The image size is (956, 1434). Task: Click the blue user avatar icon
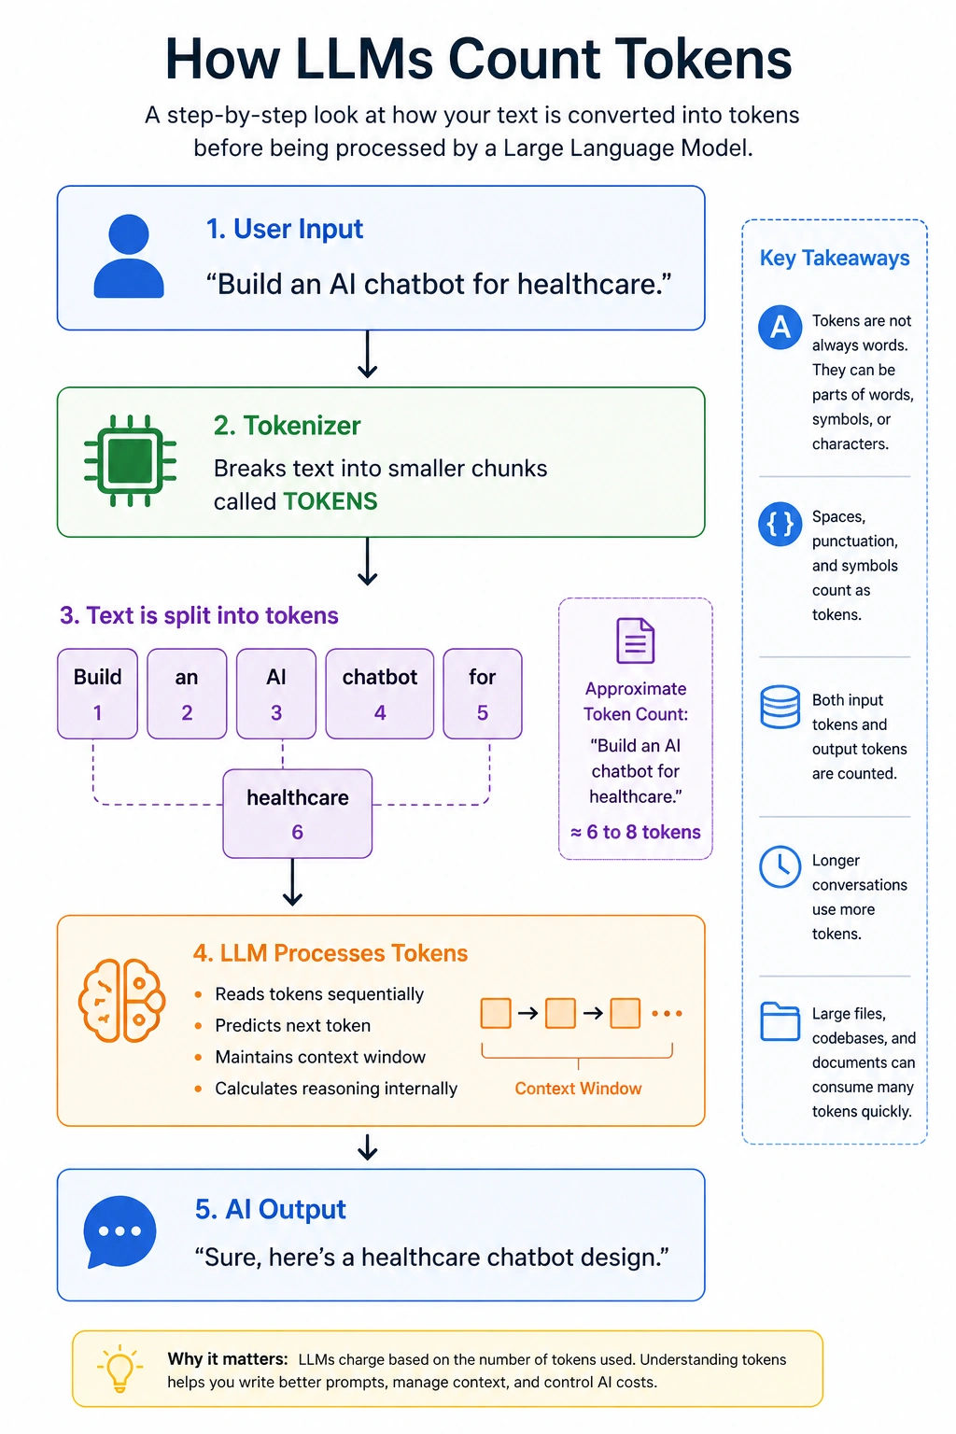129,256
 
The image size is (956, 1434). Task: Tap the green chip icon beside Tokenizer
130,460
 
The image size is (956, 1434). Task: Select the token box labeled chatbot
380,694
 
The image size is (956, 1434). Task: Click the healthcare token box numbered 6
298,814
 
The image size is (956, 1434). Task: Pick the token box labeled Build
97,694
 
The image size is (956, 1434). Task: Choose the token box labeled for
482,694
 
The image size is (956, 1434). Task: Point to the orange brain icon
121,1000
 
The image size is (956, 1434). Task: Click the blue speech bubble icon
119,1231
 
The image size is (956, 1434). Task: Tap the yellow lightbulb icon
119,1369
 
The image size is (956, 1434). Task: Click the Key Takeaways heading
835,258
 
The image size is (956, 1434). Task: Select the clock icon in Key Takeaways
780,866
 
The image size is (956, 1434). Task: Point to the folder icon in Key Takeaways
780,1021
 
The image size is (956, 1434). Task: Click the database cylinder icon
780,707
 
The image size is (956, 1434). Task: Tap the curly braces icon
780,525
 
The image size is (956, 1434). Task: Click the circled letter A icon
780,327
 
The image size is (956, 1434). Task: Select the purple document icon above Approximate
635,640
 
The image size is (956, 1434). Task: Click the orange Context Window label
578,1089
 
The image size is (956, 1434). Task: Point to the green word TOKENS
330,501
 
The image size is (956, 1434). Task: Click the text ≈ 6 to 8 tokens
636,832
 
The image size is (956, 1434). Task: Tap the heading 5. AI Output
270,1209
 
